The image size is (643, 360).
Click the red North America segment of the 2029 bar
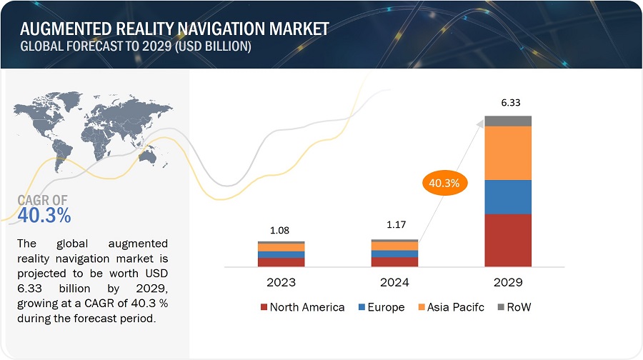click(x=508, y=240)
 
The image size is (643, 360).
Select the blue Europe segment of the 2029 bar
click(x=508, y=196)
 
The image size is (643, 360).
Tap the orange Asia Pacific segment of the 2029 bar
click(x=508, y=153)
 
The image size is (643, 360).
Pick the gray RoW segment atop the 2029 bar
click(x=508, y=121)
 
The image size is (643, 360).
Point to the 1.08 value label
click(x=281, y=230)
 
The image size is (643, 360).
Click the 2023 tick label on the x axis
click(x=281, y=282)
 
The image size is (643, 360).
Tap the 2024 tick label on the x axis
click(x=394, y=282)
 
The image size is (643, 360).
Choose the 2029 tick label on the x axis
click(x=508, y=282)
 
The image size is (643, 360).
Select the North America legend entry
click(x=302, y=308)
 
